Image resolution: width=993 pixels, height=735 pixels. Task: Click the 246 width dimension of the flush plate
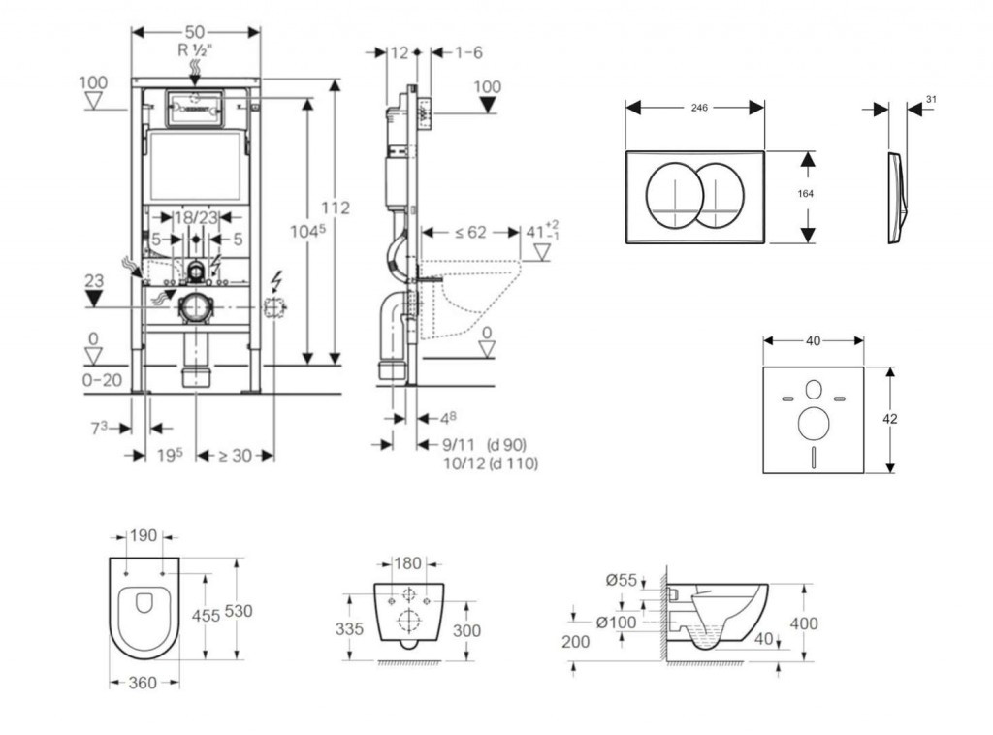[x=697, y=109]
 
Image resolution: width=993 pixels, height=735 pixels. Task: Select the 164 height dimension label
[x=804, y=194]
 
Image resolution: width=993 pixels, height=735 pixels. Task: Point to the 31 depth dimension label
[x=932, y=99]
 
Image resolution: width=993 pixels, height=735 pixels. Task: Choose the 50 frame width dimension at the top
[x=195, y=32]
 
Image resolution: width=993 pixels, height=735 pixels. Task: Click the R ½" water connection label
[x=195, y=50]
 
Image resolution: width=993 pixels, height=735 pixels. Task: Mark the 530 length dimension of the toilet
[x=239, y=611]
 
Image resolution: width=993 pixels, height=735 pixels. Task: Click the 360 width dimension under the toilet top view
[x=143, y=684]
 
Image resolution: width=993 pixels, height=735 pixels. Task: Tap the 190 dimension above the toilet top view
[x=143, y=535]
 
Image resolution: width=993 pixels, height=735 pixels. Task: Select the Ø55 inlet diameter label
[x=621, y=580]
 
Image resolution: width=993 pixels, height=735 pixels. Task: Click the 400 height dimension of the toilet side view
[x=804, y=623]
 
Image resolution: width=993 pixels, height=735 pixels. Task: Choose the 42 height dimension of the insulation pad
[x=890, y=419]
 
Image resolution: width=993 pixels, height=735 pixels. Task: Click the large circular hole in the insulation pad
[x=813, y=422]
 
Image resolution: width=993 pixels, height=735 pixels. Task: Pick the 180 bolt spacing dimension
[x=408, y=563]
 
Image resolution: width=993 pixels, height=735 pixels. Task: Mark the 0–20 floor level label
[x=101, y=380]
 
